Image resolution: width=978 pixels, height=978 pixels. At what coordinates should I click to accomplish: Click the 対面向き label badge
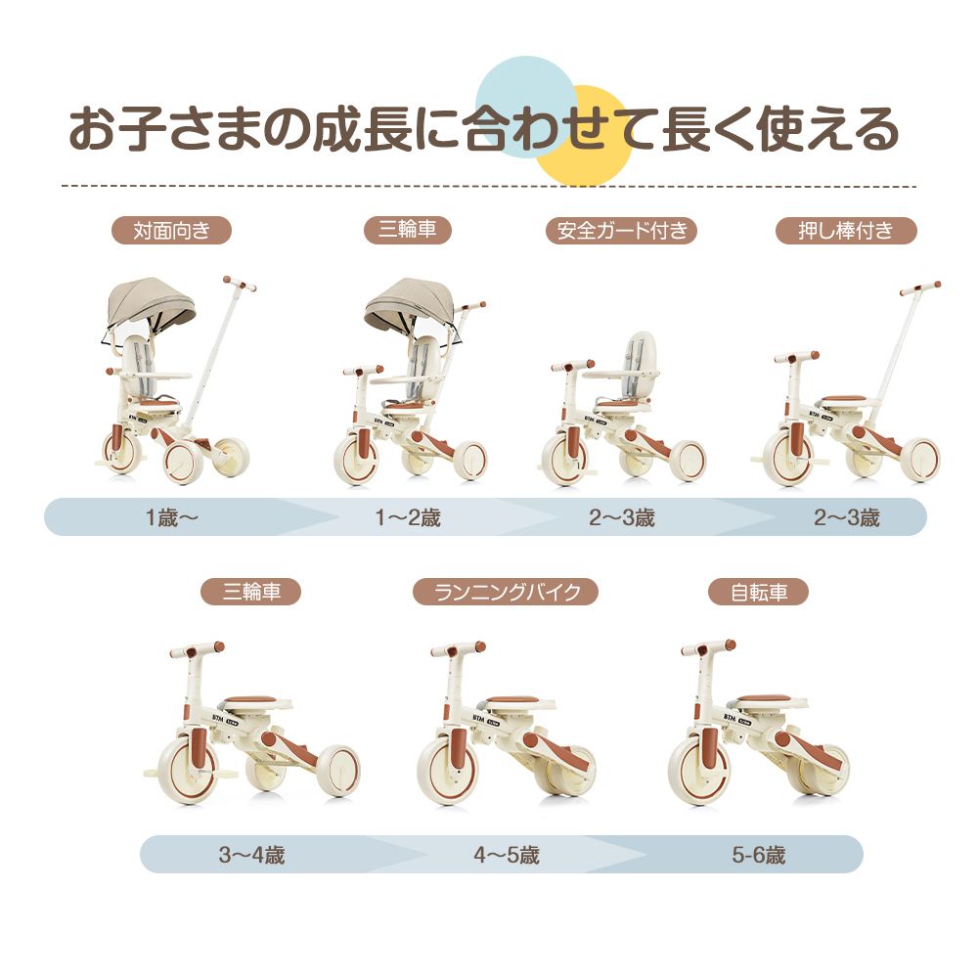coord(170,231)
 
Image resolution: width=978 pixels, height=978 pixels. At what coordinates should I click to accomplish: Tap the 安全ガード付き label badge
coord(621,231)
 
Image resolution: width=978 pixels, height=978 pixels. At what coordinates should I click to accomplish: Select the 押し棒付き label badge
coord(846,231)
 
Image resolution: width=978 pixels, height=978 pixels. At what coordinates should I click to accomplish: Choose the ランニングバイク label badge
coord(505,592)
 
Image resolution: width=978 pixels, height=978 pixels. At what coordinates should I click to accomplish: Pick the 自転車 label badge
coord(758,592)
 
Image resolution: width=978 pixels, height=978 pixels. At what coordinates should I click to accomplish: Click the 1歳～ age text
coord(171,517)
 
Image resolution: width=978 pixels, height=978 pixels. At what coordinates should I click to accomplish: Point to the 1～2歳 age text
coord(408,517)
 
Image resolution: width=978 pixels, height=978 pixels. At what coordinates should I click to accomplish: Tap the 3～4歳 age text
coord(251,855)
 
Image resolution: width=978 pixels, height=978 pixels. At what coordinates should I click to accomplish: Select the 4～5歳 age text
coord(507,855)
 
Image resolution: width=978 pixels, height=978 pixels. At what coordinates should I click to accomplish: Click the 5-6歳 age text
coord(758,855)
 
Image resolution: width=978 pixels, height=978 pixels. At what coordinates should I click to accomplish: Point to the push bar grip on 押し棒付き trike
coord(920,288)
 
